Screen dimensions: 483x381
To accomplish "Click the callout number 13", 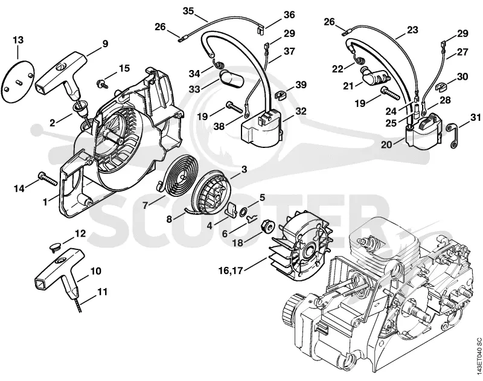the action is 18,40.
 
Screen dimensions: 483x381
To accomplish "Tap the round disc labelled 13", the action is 18,81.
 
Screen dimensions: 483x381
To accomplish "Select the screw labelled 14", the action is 48,179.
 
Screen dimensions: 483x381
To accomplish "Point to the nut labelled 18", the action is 267,228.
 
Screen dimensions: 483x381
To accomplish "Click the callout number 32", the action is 300,111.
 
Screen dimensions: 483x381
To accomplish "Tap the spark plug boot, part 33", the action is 231,78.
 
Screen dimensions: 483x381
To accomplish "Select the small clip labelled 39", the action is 280,95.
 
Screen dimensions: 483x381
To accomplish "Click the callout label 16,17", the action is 231,271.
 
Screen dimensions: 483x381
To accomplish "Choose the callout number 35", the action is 188,11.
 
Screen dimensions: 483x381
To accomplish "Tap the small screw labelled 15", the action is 101,83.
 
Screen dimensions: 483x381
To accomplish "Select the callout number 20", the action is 386,144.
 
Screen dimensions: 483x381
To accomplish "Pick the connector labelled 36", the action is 261,29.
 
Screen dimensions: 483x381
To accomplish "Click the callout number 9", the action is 105,44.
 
